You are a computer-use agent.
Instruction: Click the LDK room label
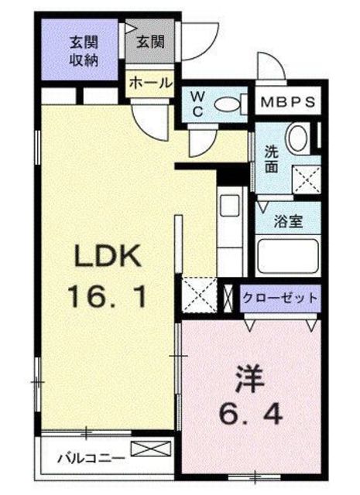pyautogui.click(x=108, y=255)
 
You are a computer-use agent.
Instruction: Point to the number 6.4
pyautogui.click(x=251, y=418)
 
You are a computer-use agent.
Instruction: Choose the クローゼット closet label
pyautogui.click(x=279, y=297)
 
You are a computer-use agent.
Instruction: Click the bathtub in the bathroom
pyautogui.click(x=286, y=255)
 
